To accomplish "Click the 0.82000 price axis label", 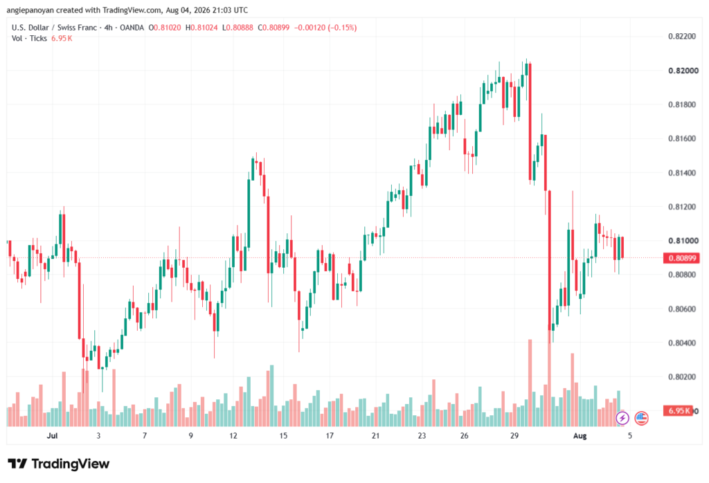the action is [x=683, y=71].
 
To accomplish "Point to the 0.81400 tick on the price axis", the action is [x=683, y=172].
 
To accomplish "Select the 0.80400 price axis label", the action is [x=683, y=343].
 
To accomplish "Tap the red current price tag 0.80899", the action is [x=681, y=258].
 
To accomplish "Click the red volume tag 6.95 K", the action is [x=678, y=411].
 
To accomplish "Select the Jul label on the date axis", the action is [x=52, y=435].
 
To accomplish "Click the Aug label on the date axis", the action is [x=580, y=435].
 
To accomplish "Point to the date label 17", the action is [x=330, y=435].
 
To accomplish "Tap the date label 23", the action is [x=422, y=435].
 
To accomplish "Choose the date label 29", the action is [x=514, y=435].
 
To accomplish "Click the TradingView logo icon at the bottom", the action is [x=17, y=464].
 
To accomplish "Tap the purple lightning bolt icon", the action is [x=622, y=418].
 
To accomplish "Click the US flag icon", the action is [x=641, y=418].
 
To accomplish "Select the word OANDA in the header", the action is [x=132, y=28].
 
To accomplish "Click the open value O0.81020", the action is [x=165, y=28].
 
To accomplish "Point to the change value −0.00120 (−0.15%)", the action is [x=325, y=28].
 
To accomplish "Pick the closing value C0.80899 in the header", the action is [x=273, y=28].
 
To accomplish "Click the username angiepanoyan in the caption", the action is [x=30, y=10].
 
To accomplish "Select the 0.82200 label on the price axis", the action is [x=683, y=36].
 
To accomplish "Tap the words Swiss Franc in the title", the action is [x=77, y=28].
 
